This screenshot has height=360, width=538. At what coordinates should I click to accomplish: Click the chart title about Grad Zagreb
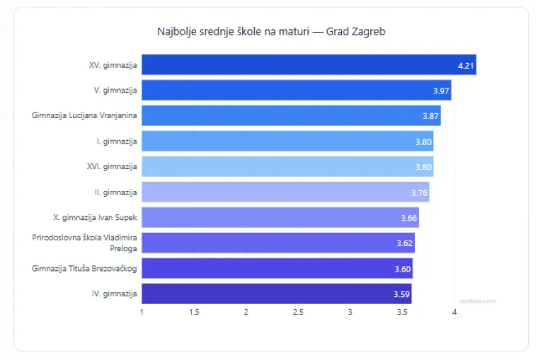[x=270, y=32]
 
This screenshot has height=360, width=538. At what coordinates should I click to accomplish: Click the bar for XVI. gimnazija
[x=287, y=166]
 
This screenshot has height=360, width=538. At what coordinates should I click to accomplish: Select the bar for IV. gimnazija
[x=276, y=294]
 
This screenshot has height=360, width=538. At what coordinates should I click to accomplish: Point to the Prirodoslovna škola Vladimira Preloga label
[x=84, y=243]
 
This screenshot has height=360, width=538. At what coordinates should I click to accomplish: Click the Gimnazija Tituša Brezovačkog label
[x=84, y=268]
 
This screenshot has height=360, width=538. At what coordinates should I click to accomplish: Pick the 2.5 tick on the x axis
[x=298, y=312]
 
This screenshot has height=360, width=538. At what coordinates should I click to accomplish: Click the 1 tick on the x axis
[x=142, y=312]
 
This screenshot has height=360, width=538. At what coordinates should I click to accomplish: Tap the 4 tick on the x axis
[x=454, y=312]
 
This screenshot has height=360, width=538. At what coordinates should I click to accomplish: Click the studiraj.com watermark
[x=477, y=301]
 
